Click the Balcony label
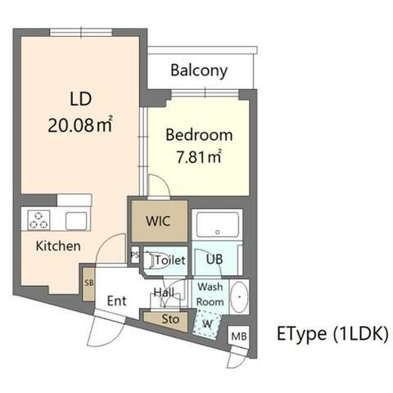pos(199,70)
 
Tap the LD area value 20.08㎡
pos(80,125)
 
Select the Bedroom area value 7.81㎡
pos(198,157)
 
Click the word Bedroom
pos(199,135)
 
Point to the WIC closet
pos(160,221)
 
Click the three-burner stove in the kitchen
pos(39,219)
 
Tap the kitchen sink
pos(76,221)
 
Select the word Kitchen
pos(58,246)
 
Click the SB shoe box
pos(89,284)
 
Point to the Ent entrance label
pos(117,301)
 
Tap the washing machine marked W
pos(206,325)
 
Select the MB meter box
pos(239,336)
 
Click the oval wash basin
pos(239,296)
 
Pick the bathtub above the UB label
pos(218,224)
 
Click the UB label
pos(215,260)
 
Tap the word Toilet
pos(170,260)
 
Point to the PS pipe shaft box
pos(135,255)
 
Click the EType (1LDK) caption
pos(332,333)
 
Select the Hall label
pos(164,292)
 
